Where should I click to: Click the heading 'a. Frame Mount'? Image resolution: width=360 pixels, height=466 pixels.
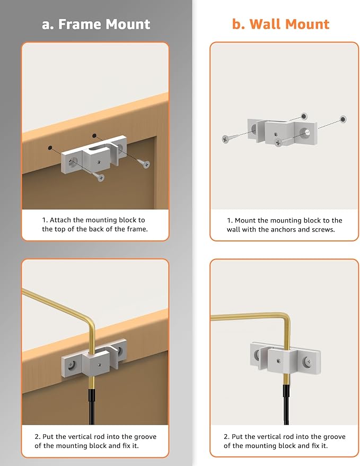point(95,24)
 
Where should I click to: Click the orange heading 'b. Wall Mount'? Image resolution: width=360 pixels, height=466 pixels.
point(280,24)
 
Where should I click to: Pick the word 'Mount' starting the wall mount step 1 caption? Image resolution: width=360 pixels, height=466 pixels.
point(249,220)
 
